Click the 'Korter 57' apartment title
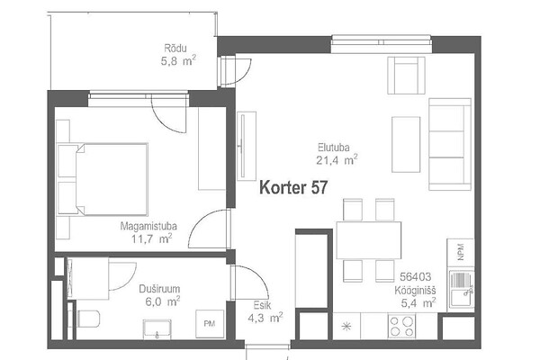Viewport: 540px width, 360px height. click(293, 188)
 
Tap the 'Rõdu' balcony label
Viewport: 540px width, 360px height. click(175, 48)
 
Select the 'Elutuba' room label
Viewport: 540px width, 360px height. click(333, 148)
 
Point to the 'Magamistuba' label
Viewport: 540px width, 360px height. click(148, 226)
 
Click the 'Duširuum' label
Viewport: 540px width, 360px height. click(159, 289)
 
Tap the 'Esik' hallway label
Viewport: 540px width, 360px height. click(262, 305)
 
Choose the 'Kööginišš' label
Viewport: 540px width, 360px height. click(415, 291)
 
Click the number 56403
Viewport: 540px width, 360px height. click(415, 276)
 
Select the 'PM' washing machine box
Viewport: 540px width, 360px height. click(210, 324)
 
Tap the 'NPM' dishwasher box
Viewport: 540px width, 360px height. click(461, 252)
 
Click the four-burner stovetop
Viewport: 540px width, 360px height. click(401, 326)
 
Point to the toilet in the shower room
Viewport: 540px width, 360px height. click(88, 319)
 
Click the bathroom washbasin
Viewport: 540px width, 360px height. click(157, 329)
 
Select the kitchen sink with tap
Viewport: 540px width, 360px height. click(462, 290)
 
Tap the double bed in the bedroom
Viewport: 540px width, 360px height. click(103, 179)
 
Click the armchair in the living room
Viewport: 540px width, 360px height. click(406, 76)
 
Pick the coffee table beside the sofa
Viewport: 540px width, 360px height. click(406, 144)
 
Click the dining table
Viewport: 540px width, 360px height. click(369, 240)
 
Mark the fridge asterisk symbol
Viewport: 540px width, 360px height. click(346, 326)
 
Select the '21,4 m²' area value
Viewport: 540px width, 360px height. click(337, 160)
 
